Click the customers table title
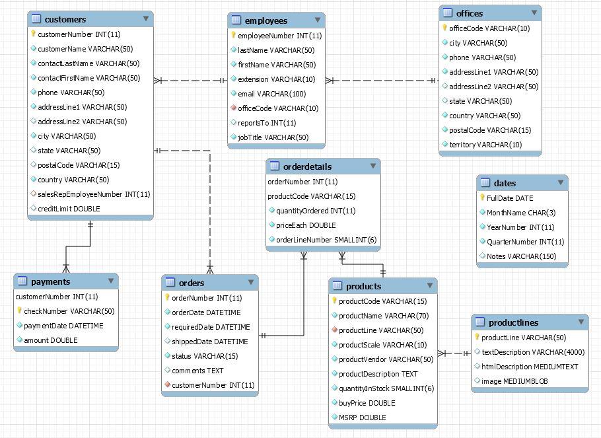click(x=65, y=19)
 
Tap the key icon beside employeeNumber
click(x=233, y=36)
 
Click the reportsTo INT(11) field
click(x=266, y=123)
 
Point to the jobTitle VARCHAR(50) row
click(x=273, y=137)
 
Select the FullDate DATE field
click(x=509, y=198)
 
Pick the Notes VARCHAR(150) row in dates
click(x=521, y=256)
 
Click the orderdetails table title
click(x=307, y=166)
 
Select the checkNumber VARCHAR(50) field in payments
click(x=69, y=311)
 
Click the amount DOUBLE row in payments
click(x=50, y=340)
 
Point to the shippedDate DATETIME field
click(x=209, y=342)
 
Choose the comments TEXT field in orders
click(x=197, y=371)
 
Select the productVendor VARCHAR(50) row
click(x=386, y=359)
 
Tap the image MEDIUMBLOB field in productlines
click(x=514, y=381)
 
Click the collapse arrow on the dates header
click(x=560, y=183)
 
